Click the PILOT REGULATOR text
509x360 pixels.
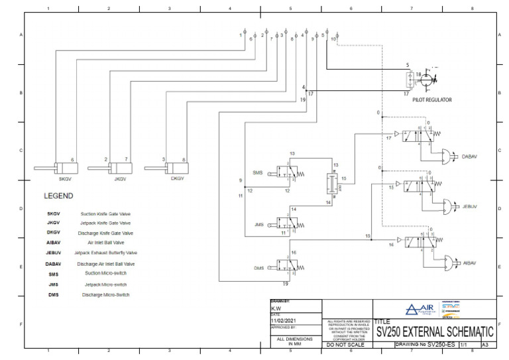click(x=432, y=99)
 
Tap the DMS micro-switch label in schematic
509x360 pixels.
click(x=258, y=268)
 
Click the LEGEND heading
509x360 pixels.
click(x=58, y=196)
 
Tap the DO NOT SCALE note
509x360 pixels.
click(x=347, y=345)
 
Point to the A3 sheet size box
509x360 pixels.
click(x=485, y=345)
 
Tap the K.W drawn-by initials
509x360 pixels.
click(x=276, y=308)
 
